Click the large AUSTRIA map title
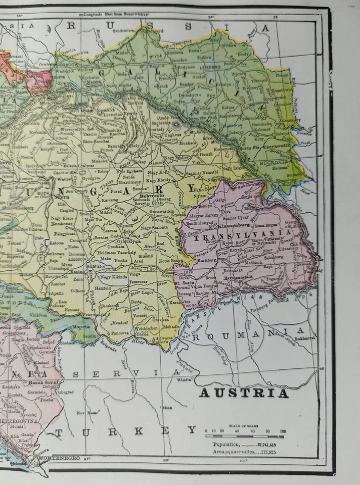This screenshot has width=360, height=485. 244,393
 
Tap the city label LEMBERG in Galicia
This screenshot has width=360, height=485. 210,67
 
